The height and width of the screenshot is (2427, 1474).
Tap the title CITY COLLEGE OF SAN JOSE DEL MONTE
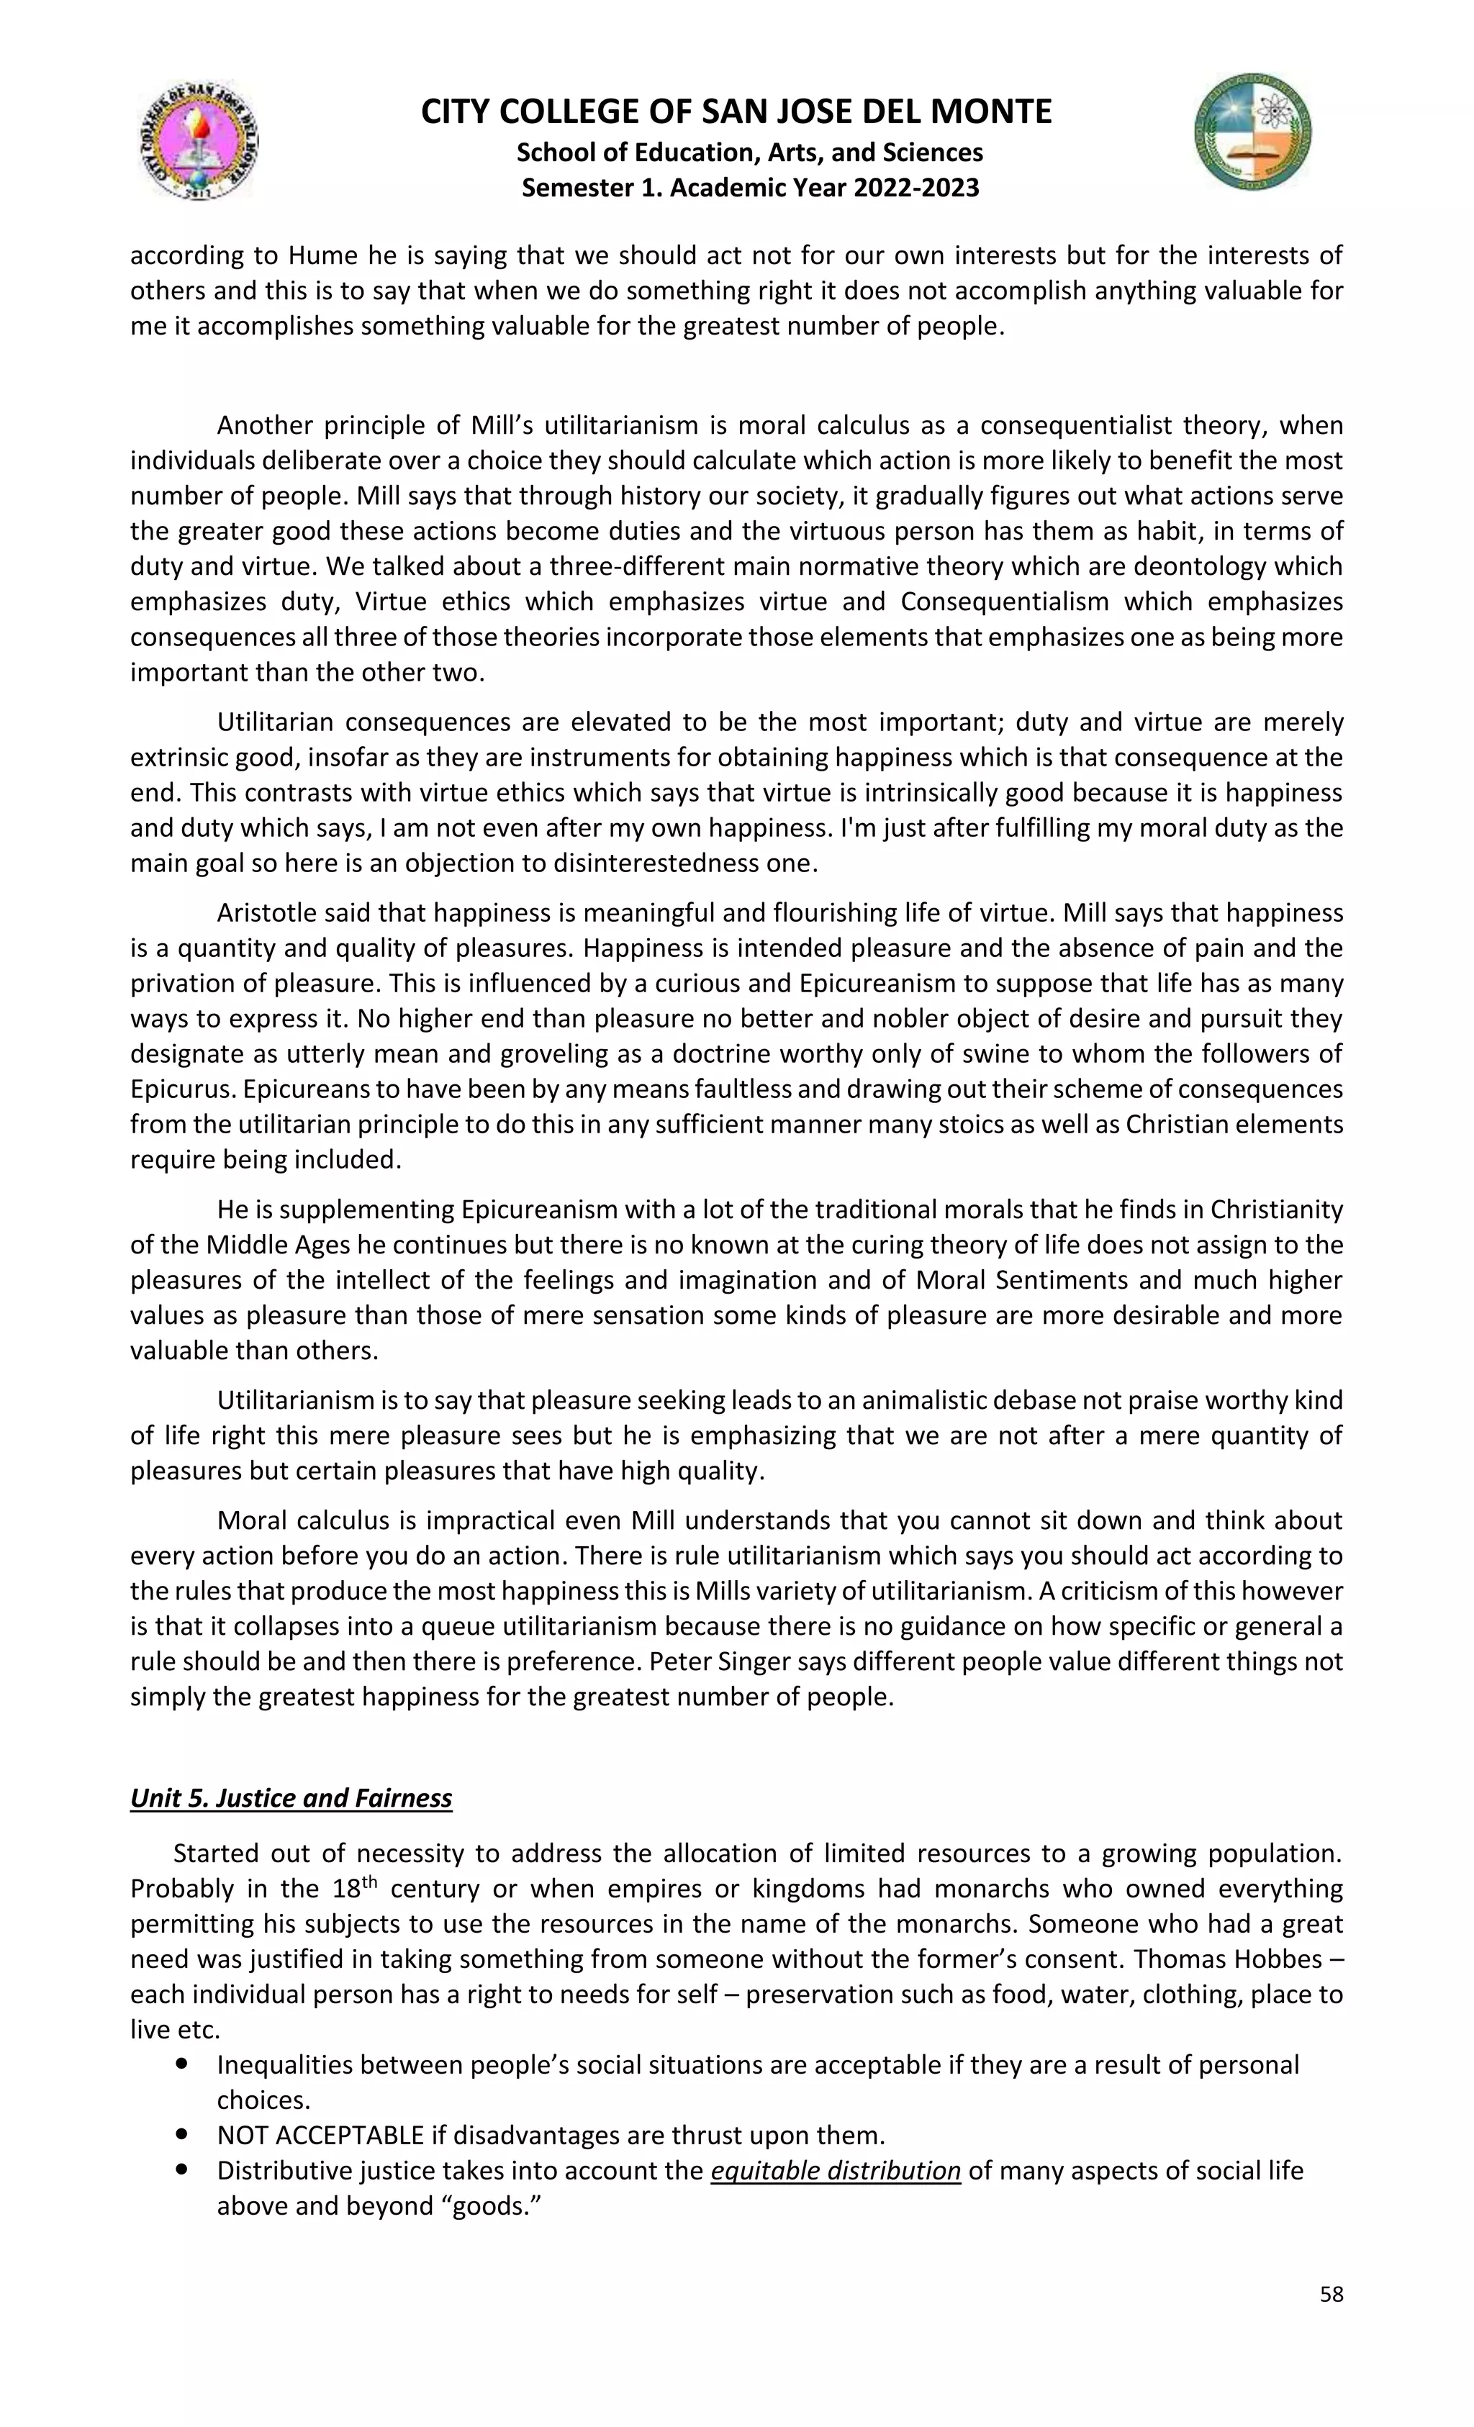click(x=736, y=112)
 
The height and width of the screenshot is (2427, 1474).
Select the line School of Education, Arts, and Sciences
click(x=750, y=153)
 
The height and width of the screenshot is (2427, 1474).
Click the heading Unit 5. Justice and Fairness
click(x=291, y=1797)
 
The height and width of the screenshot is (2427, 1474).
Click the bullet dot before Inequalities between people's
click(x=181, y=2064)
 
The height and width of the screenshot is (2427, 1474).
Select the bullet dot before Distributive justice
click(x=181, y=2170)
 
